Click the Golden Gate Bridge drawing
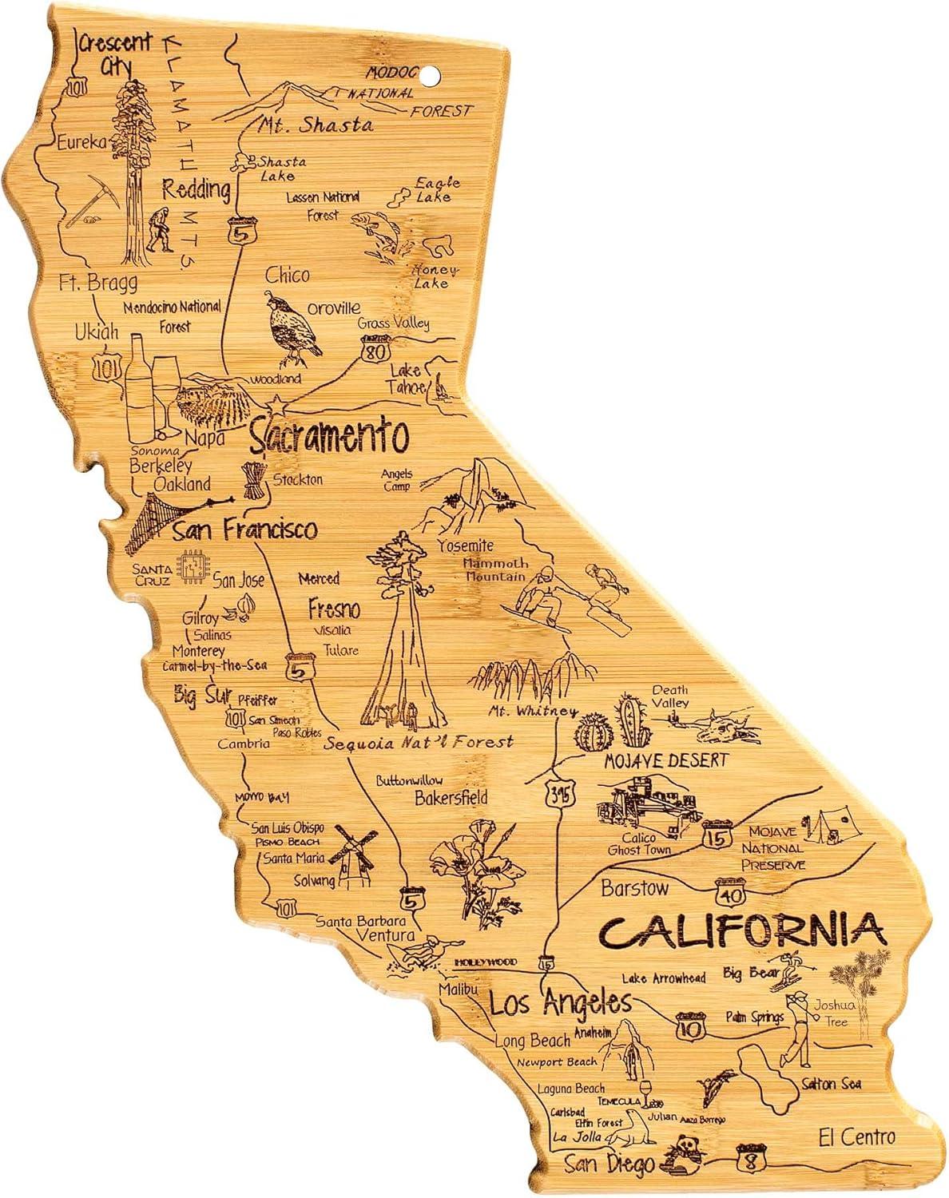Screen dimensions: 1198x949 [160, 519]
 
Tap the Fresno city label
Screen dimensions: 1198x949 [334, 610]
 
